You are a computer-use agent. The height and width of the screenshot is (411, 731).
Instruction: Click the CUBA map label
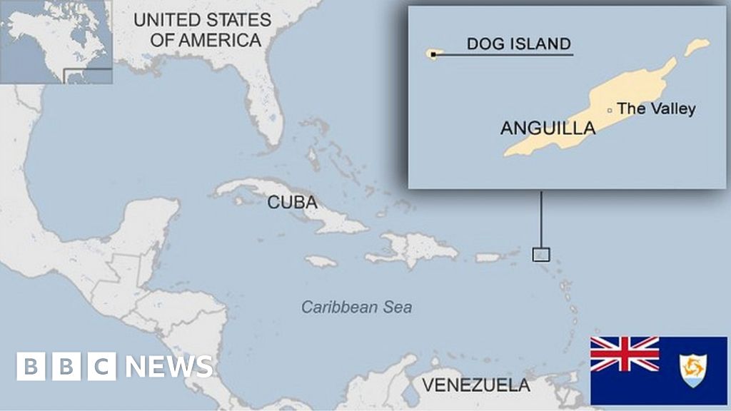pos(293,202)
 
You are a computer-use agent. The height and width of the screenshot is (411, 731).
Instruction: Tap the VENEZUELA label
pos(475,386)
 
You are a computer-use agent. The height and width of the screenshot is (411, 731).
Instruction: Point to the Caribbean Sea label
pos(356,308)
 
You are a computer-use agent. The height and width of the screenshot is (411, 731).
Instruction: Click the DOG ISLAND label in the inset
pos(518,44)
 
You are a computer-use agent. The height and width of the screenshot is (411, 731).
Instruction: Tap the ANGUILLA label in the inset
pos(548,128)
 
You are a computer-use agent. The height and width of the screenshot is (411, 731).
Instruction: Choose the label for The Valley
pos(656,108)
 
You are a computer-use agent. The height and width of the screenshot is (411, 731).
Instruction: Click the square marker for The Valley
pos(609,110)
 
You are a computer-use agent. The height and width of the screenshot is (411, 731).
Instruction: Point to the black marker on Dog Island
pos(433,54)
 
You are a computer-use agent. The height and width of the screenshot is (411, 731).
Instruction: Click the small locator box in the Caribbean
pos(540,254)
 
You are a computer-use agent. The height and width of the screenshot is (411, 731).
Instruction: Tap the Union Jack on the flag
pos(625,355)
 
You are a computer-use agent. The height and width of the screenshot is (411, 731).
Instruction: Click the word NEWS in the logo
pos(168,367)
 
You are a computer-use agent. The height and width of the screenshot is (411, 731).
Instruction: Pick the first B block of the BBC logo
pos(31,367)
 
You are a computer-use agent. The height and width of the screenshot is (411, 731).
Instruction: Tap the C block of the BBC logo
pos(101,367)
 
